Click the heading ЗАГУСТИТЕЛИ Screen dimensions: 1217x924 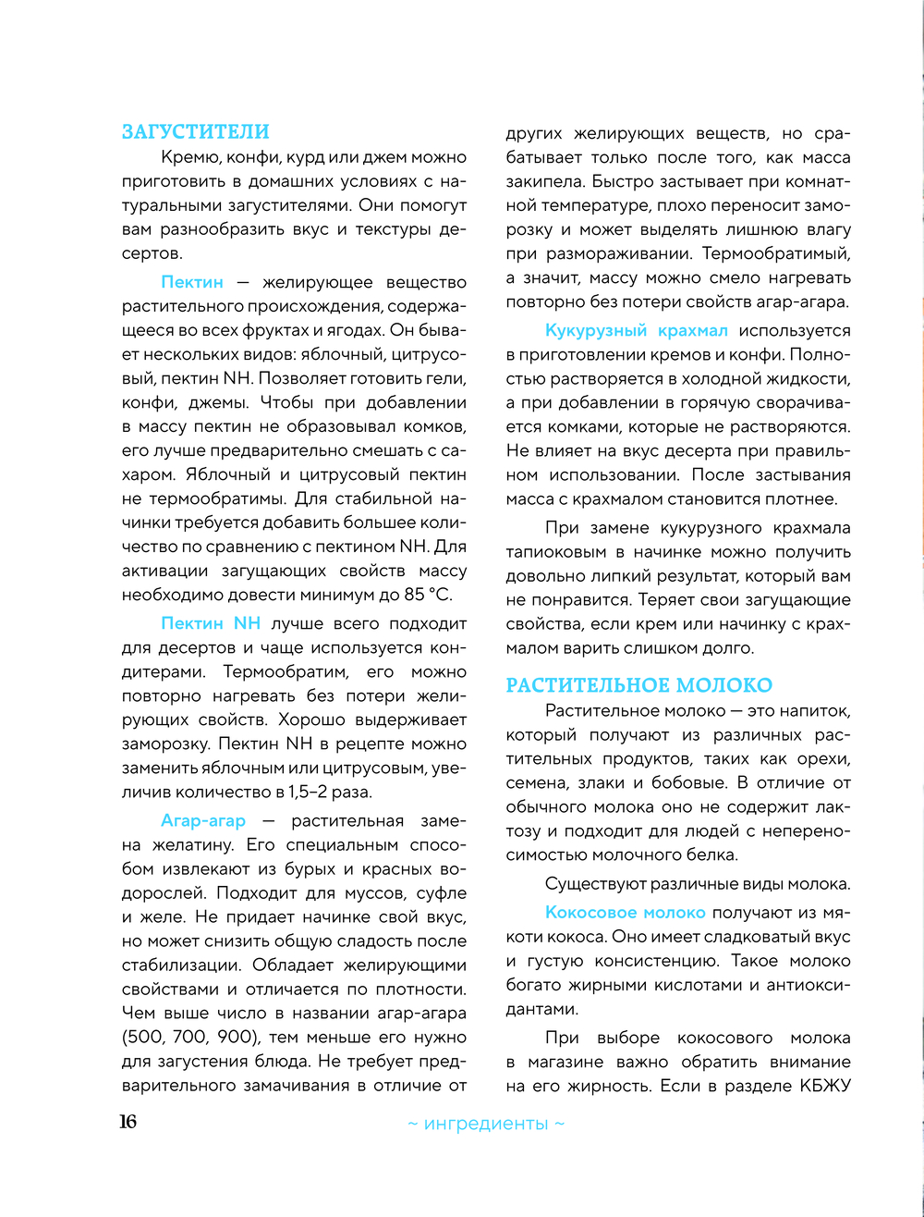tap(195, 132)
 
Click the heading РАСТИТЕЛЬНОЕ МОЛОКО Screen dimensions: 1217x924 tap(638, 685)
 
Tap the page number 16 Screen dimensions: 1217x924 tap(128, 1122)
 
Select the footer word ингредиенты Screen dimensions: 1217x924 tap(486, 1124)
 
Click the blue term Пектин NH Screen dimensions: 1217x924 tap(211, 623)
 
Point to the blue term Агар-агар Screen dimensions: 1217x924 tap(203, 821)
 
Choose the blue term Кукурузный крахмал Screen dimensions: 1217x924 tap(637, 330)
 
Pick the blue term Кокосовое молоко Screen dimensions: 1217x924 tap(626, 912)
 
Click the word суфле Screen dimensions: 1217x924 tap(441, 893)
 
